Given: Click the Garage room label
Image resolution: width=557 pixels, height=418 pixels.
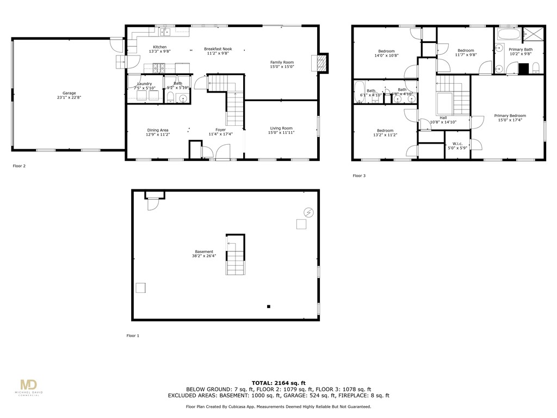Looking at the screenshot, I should (69, 93).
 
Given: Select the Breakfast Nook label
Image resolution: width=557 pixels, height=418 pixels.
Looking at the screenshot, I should (217, 48).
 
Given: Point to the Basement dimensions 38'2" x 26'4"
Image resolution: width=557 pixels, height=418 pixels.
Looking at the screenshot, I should (204, 256).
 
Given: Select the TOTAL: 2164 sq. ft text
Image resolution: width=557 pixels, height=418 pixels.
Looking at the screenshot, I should (278, 383).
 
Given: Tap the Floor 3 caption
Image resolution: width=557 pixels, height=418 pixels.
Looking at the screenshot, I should (359, 176).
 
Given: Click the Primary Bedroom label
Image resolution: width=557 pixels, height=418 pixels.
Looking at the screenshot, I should (510, 115).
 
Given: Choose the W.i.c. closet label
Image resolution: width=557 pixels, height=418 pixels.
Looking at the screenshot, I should (457, 144).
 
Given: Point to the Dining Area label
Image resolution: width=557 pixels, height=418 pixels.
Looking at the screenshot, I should (158, 130).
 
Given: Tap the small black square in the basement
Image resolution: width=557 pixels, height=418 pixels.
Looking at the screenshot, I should (269, 306).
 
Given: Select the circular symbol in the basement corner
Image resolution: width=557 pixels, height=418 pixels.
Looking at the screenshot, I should (308, 212).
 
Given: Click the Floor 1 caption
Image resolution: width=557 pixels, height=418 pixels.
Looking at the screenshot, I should (133, 336).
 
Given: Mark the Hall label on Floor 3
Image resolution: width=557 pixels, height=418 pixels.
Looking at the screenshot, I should (443, 118).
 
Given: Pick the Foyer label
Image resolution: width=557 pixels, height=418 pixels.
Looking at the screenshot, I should (220, 130).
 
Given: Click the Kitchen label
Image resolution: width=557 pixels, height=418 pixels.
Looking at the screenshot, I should (159, 47).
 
